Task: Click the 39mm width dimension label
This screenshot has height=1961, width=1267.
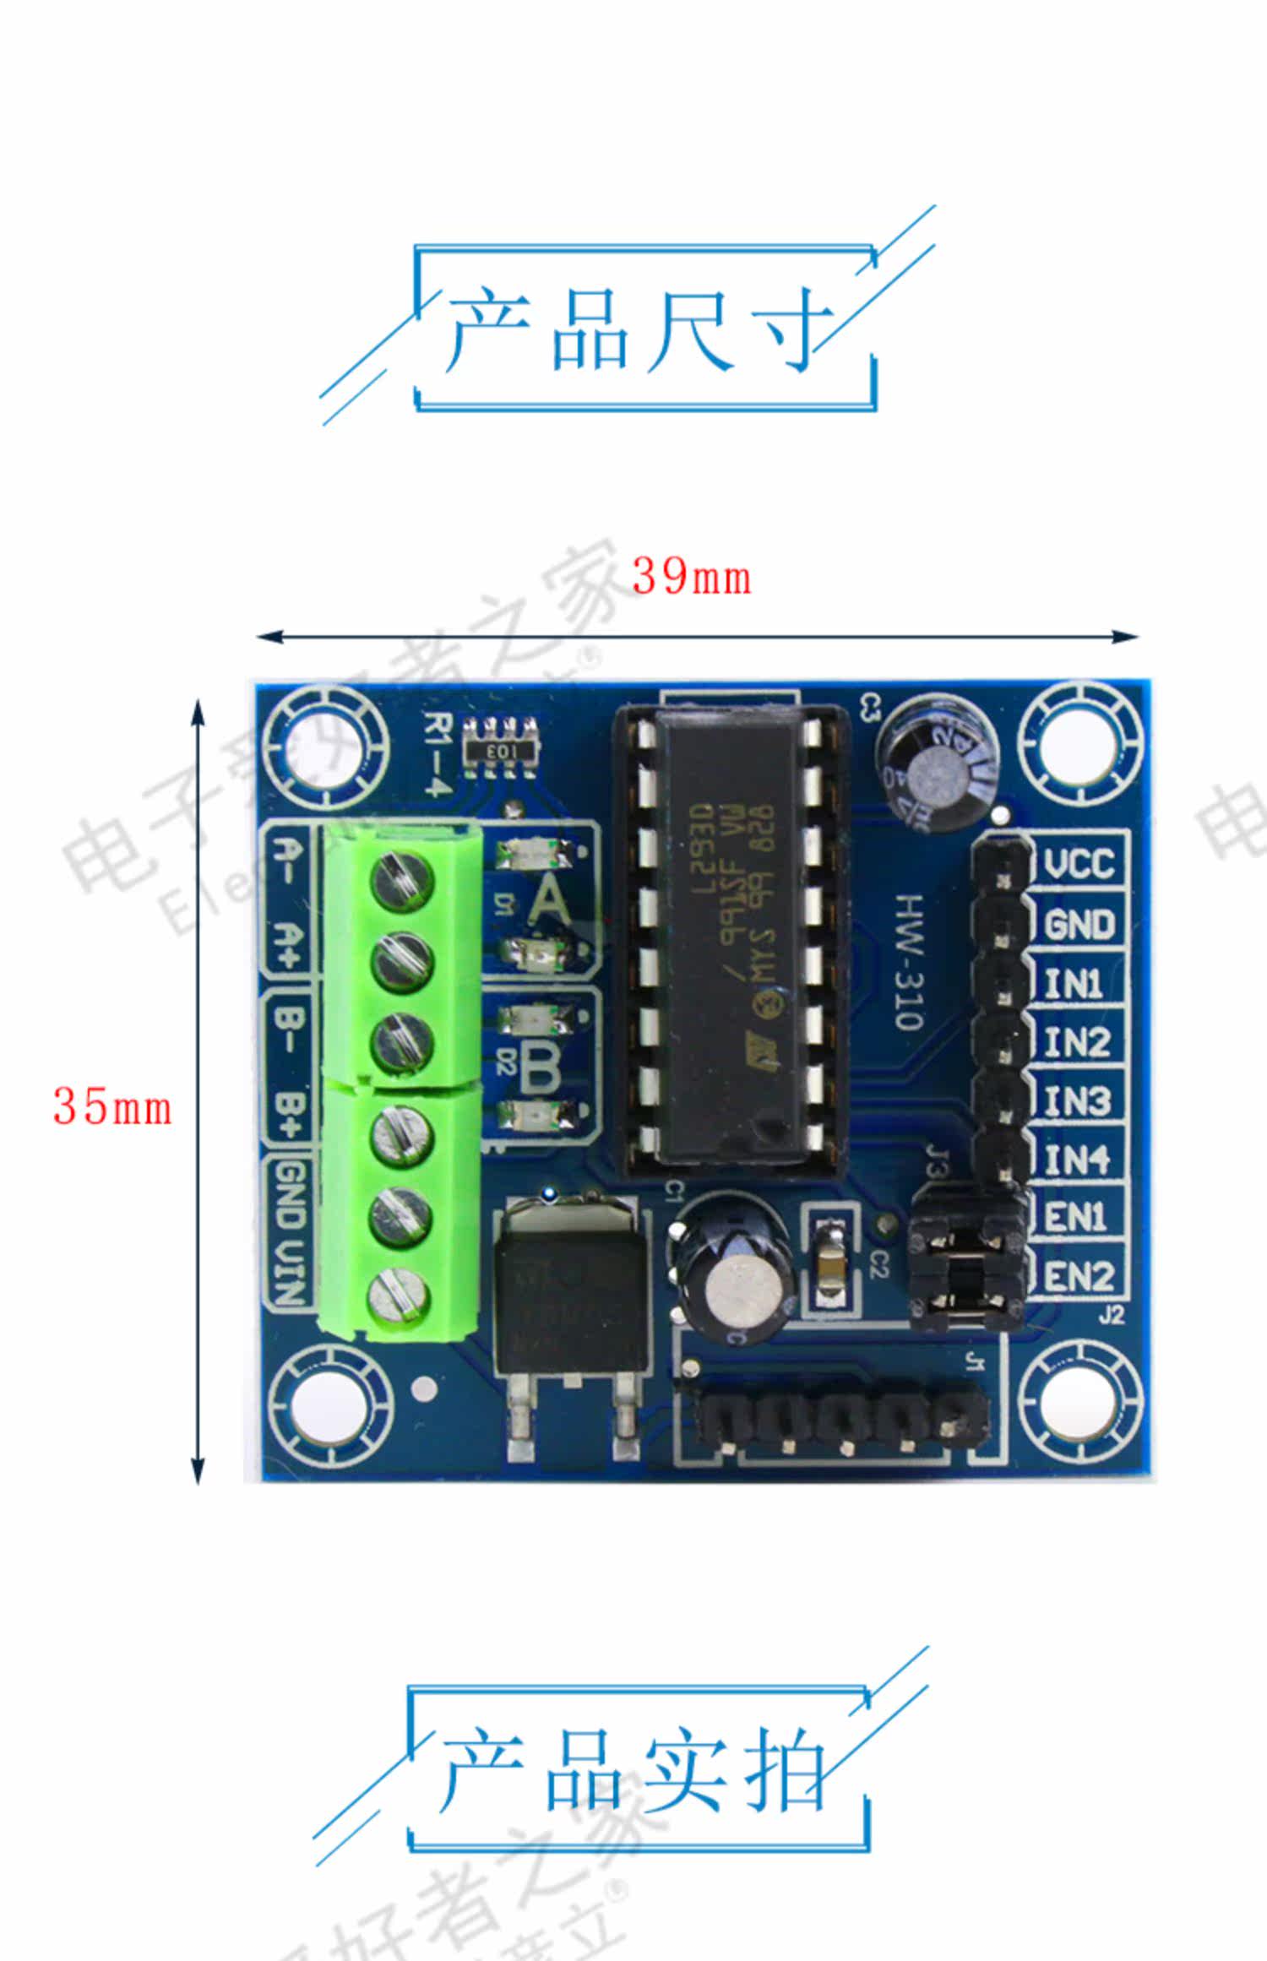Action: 691,578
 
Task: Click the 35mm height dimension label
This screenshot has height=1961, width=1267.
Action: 112,1106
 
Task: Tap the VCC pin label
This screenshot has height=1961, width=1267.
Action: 1079,863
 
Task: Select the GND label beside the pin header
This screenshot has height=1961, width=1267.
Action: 1079,925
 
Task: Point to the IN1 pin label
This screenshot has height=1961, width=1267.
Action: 1074,984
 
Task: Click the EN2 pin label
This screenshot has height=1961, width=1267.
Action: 1079,1276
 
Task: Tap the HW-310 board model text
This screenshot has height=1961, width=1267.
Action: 909,962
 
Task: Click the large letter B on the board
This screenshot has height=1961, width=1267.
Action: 540,1067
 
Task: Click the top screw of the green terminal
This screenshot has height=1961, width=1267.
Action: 402,881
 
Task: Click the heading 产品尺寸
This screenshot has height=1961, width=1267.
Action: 639,330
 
